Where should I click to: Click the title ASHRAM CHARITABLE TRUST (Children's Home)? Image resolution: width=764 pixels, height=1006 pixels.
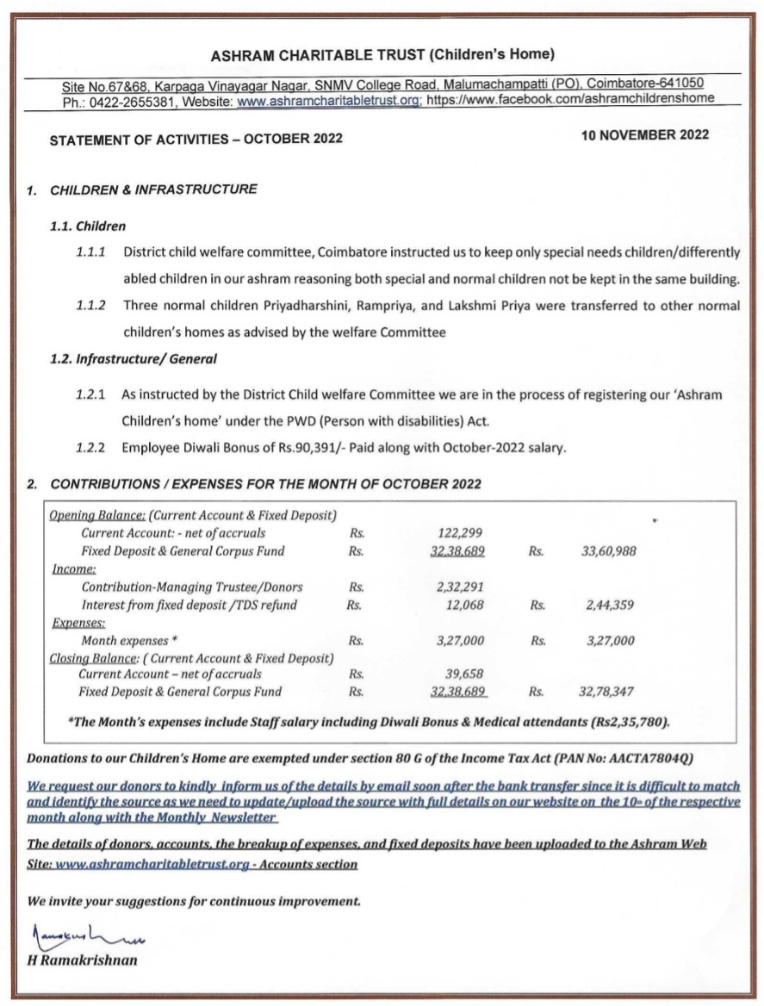point(382,55)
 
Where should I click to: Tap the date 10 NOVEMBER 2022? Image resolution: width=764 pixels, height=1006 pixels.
point(645,135)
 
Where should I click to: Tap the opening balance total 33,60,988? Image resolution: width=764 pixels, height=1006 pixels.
point(609,551)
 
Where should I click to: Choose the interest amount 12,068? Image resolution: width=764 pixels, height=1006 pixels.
point(464,605)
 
